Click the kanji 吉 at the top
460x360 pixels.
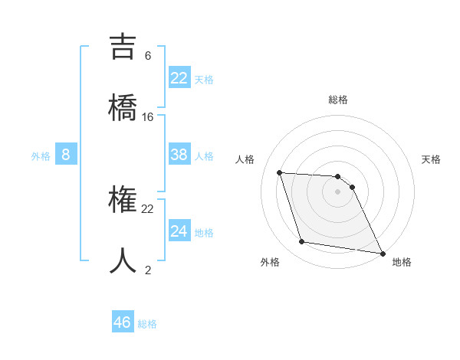(123, 45)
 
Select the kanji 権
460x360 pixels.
(123, 200)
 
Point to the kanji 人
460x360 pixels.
(123, 260)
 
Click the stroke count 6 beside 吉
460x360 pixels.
(148, 55)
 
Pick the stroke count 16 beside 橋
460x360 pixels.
(148, 116)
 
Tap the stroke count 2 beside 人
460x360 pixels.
(148, 270)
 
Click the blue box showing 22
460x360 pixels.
(179, 78)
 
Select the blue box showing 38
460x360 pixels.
(179, 155)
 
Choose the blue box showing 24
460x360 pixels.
(179, 231)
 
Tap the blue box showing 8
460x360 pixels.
(66, 155)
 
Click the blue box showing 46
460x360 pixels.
(123, 322)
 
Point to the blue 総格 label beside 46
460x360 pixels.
(147, 324)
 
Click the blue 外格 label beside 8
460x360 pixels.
(41, 156)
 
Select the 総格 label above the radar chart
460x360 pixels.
(338, 100)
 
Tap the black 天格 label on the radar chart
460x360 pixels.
(432, 159)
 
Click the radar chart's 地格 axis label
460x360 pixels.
(402, 262)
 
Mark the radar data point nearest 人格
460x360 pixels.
(280, 172)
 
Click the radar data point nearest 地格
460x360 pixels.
(381, 253)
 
